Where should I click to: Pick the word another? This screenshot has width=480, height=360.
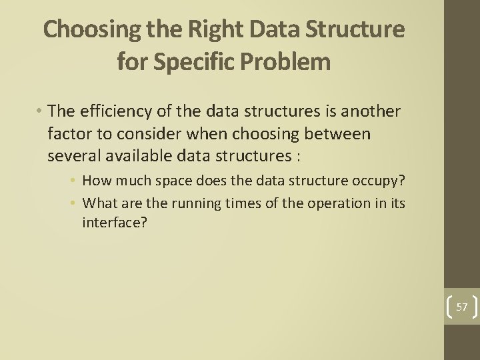371,111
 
